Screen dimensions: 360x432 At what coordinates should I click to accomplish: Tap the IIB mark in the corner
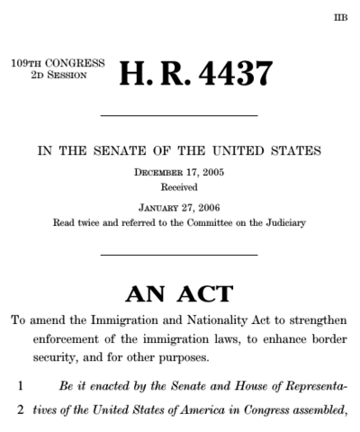(x=339, y=17)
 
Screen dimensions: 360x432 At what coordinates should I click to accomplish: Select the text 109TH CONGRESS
(x=58, y=64)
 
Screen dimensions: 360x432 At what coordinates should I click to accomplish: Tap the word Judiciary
(x=284, y=220)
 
